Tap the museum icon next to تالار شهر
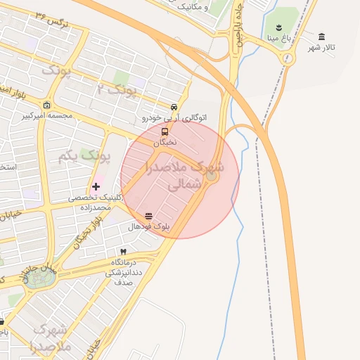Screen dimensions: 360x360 click(322, 37)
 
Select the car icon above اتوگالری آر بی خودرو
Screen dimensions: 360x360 click(174, 107)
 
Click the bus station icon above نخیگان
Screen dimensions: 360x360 click(165, 131)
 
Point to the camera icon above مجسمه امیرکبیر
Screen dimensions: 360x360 click(47, 104)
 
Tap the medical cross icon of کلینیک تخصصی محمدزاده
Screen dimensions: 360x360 click(96, 186)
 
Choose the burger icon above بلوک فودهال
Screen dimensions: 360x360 click(148, 217)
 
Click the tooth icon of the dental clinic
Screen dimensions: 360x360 click(123, 252)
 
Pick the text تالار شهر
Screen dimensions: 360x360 click(323, 47)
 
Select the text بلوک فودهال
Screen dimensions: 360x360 click(149, 227)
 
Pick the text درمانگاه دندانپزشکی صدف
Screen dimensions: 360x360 click(123, 271)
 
